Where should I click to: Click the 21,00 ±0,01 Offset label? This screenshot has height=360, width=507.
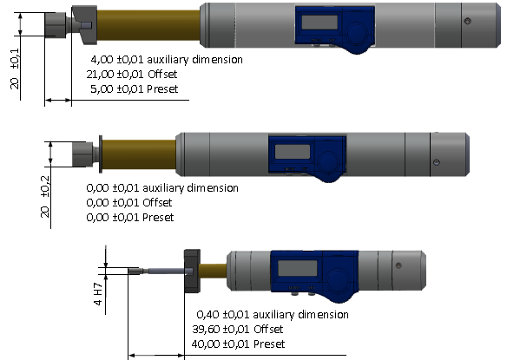click(132, 75)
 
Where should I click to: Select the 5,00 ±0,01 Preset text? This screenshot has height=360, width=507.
click(135, 88)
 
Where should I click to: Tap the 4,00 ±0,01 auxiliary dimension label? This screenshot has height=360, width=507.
click(167, 60)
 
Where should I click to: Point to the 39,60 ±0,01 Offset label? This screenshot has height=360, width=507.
click(238, 330)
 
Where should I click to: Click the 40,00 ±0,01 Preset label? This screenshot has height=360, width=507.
click(238, 344)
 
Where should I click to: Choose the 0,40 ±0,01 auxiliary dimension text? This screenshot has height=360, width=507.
click(273, 314)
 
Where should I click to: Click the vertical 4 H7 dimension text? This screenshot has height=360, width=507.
click(98, 294)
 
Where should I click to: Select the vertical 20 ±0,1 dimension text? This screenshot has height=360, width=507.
click(16, 69)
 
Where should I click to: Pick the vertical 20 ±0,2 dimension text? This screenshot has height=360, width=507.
click(45, 196)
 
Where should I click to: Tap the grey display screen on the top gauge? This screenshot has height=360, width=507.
click(319, 22)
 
